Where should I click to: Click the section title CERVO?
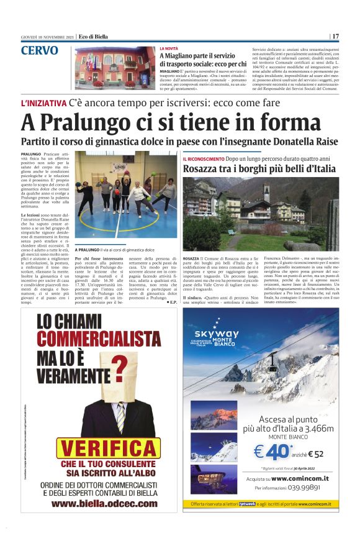(40, 51)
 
